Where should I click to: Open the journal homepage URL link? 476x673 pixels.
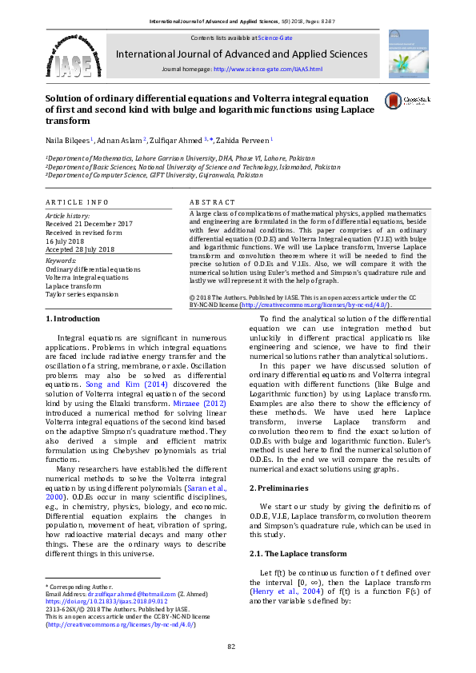pyautogui.click(x=267, y=70)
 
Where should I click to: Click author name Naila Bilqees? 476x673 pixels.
pyautogui.click(x=68, y=140)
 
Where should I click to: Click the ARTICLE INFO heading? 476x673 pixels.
pyautogui.click(x=76, y=203)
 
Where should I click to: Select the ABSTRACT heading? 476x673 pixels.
pyautogui.click(x=213, y=203)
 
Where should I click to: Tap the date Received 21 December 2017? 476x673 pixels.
pyautogui.click(x=89, y=223)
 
